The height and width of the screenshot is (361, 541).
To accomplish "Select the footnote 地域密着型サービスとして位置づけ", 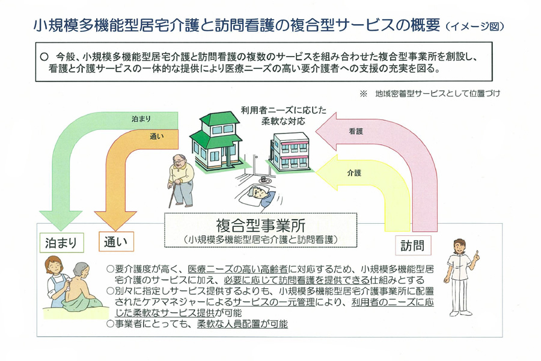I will click(437, 94).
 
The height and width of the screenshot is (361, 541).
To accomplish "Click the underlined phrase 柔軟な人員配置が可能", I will click(243, 324).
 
